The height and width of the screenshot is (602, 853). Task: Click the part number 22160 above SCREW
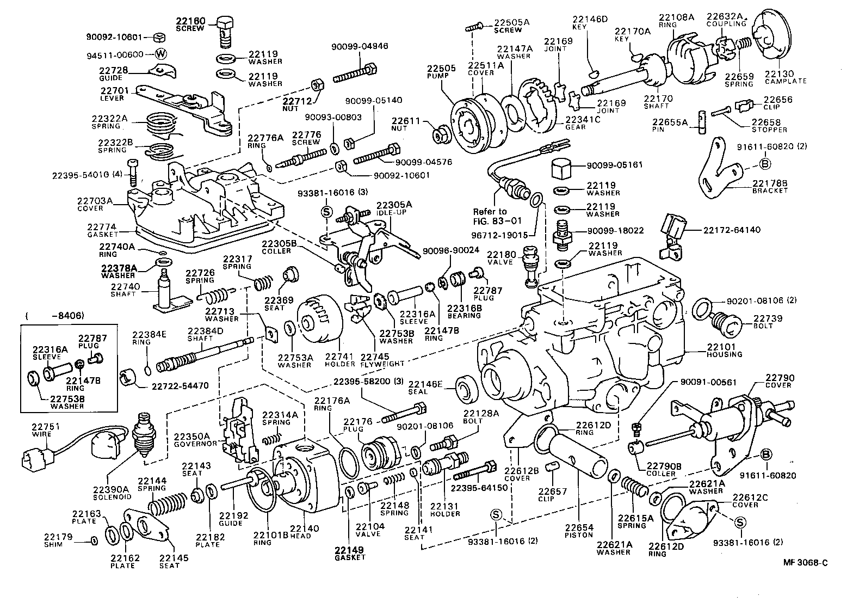[190, 21]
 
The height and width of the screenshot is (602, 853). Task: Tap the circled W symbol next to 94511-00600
[160, 54]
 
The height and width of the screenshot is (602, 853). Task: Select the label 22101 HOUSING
[724, 350]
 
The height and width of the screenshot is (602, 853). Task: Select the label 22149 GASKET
[350, 554]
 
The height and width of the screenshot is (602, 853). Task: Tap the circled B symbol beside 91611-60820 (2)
[764, 163]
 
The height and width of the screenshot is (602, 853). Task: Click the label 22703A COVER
[95, 204]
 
